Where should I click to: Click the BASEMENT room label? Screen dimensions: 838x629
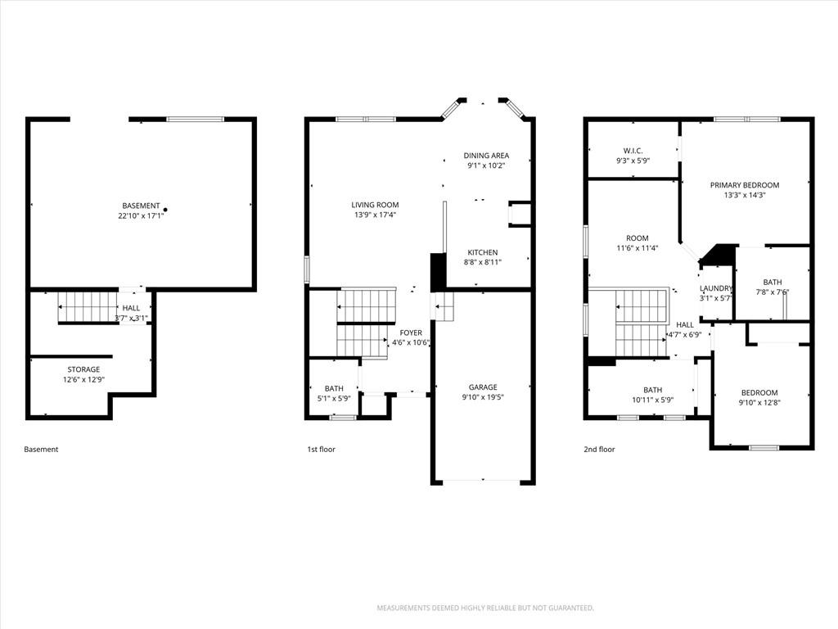[141, 206]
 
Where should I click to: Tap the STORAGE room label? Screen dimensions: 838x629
[83, 369]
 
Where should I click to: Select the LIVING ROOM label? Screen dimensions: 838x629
[375, 204]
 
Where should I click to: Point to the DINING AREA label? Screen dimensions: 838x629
[486, 155]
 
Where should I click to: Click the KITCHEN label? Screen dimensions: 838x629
[483, 252]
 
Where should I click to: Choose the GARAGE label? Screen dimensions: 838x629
[483, 387]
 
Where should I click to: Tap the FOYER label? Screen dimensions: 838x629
[411, 333]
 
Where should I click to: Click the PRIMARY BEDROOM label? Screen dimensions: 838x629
[745, 185]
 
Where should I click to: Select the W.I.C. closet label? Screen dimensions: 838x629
[633, 151]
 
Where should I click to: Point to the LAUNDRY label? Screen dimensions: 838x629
[715, 288]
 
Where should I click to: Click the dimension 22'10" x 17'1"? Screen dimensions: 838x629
[141, 216]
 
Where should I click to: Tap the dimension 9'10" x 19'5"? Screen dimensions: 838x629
[483, 397]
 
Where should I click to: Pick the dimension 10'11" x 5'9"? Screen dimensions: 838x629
[652, 400]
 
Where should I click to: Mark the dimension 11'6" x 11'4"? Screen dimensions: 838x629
[637, 248]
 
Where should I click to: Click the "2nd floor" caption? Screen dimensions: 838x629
[599, 450]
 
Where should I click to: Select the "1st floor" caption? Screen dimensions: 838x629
[321, 450]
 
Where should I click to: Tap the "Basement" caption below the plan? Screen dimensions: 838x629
[41, 450]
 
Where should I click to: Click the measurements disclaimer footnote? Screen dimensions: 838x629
[485, 608]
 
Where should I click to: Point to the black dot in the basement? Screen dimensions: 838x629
[165, 210]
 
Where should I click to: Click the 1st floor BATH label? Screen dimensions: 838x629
[334, 388]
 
